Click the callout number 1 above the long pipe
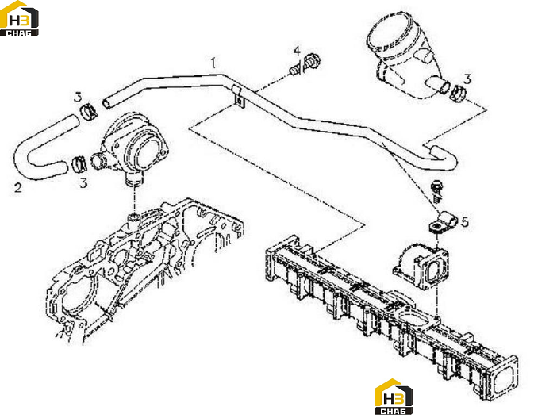(x=213, y=63)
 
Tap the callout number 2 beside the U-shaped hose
(x=18, y=187)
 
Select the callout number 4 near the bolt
(x=297, y=51)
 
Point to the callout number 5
(x=464, y=222)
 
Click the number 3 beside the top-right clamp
(x=467, y=79)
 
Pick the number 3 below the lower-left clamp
(x=83, y=183)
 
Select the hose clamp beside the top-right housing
(x=457, y=93)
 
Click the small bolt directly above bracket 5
(x=437, y=192)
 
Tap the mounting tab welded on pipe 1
(x=238, y=97)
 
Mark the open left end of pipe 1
(x=107, y=103)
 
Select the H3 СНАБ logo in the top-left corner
(x=19, y=18)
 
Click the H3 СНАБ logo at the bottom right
(x=394, y=397)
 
